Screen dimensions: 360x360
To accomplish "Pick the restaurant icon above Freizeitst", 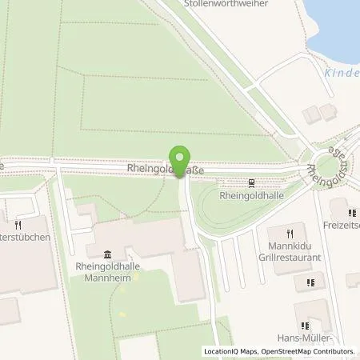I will pos(352,212).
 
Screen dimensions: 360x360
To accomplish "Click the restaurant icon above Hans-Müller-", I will pos(304,326).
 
